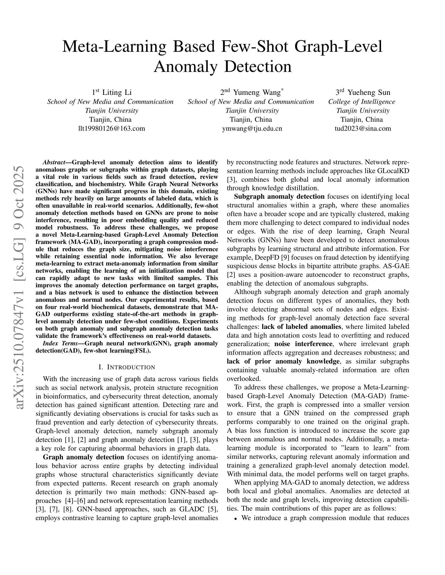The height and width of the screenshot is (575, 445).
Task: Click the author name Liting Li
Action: (117, 92)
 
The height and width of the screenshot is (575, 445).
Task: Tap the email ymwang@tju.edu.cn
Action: (252, 129)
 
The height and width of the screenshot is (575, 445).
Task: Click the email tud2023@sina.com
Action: (363, 129)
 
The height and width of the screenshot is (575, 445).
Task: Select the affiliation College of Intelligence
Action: (361, 102)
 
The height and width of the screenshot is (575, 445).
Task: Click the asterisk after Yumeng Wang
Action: (282, 90)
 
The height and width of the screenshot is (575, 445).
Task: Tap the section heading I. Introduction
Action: (127, 367)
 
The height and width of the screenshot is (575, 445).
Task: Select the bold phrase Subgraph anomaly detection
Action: (279, 197)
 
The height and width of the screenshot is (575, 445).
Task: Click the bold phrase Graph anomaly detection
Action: (83, 457)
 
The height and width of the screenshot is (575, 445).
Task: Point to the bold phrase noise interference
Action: (303, 344)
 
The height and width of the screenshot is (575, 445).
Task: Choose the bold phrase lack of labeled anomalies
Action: (301, 327)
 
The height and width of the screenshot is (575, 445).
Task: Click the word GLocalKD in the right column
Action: (393, 171)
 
